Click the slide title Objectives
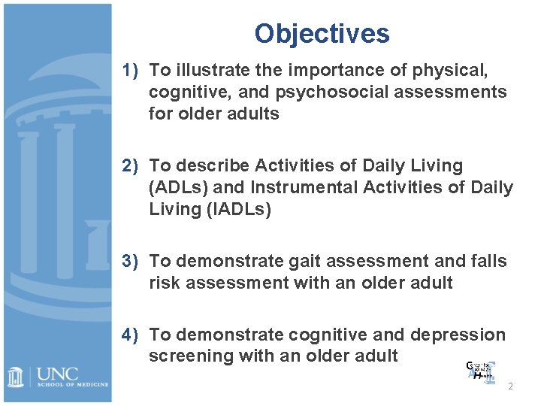(322, 34)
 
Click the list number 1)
(133, 71)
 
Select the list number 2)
(133, 165)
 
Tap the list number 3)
(133, 261)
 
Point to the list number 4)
(133, 335)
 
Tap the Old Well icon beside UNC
(16, 376)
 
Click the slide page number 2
(511, 386)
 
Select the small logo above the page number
(481, 373)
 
